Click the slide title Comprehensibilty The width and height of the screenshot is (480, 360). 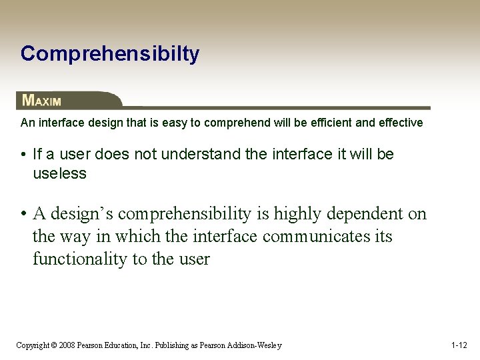pyautogui.click(x=109, y=54)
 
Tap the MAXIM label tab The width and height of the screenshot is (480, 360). pyautogui.click(x=42, y=101)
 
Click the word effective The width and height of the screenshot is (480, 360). pyautogui.click(x=400, y=123)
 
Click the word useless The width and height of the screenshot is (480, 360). pyautogui.click(x=60, y=174)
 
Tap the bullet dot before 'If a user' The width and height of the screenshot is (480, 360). pyautogui.click(x=23, y=155)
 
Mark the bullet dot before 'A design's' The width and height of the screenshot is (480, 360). pyautogui.click(x=23, y=214)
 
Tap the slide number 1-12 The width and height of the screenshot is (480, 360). pyautogui.click(x=459, y=345)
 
